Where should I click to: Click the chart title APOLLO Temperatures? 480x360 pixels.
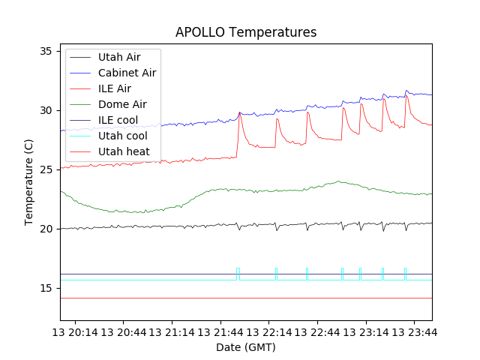click(246, 32)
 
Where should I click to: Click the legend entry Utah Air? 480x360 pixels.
click(118, 57)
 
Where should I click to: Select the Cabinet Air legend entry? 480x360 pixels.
click(127, 73)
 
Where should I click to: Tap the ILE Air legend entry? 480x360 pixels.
click(114, 88)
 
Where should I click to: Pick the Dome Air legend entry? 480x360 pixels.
click(122, 104)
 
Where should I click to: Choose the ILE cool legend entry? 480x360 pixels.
click(118, 120)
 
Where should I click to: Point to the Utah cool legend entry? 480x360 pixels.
click(122, 136)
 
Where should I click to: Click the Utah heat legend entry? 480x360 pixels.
click(124, 151)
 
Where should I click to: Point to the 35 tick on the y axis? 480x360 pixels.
click(46, 51)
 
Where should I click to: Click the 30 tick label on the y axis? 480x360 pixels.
click(46, 110)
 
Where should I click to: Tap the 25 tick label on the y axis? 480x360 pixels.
click(46, 169)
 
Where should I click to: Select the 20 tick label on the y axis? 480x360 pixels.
click(46, 229)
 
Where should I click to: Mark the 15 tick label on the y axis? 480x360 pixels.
click(46, 288)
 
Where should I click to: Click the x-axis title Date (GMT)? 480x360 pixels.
click(246, 347)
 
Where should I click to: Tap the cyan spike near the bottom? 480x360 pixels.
click(307, 274)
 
